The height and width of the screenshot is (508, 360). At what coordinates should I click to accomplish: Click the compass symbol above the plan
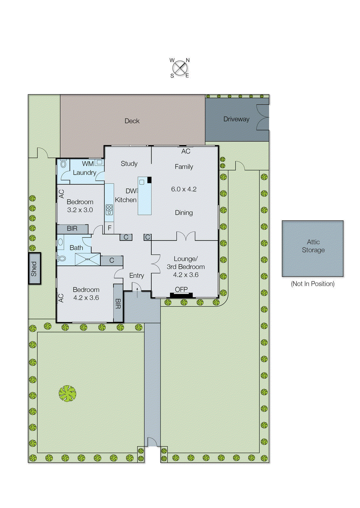(x=180, y=68)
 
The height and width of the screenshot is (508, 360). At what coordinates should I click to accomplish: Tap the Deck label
(x=132, y=121)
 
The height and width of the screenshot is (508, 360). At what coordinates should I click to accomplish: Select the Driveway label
(x=236, y=119)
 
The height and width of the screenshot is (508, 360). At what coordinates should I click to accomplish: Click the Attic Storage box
(x=313, y=248)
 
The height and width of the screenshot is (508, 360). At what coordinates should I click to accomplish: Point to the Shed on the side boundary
(x=34, y=269)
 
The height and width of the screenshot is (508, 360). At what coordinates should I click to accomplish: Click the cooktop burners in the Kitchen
(x=109, y=210)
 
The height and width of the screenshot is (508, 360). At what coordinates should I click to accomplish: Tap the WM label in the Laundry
(x=88, y=164)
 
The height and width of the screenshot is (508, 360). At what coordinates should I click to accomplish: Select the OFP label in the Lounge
(x=181, y=289)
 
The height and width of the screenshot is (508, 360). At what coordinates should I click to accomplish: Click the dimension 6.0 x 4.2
(x=184, y=189)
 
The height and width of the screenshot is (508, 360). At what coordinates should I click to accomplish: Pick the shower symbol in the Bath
(x=88, y=259)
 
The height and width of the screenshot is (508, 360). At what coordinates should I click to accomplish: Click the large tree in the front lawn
(x=67, y=393)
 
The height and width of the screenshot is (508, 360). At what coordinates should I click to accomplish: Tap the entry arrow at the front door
(x=137, y=291)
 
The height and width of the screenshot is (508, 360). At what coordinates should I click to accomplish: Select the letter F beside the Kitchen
(x=110, y=228)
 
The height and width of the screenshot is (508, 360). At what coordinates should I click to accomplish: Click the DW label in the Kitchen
(x=131, y=191)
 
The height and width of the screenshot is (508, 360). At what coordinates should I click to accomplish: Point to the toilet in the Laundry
(x=63, y=164)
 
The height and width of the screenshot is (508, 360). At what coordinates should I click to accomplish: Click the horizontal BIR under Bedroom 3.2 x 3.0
(x=72, y=229)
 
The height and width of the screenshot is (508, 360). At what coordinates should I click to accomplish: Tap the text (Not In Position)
(x=313, y=284)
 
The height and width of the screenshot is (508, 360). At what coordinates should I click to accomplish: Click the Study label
(x=129, y=164)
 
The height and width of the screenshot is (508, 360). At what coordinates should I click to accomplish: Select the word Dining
(x=184, y=213)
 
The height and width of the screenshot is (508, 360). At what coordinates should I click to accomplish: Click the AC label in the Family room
(x=186, y=151)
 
